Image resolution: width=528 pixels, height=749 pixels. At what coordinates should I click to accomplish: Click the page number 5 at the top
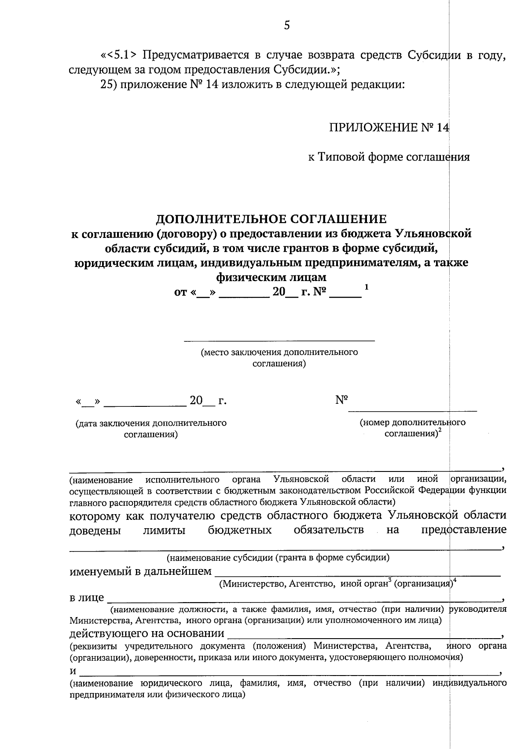(x=287, y=26)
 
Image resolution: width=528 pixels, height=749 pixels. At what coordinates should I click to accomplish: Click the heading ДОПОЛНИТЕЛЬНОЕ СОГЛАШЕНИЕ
(x=271, y=219)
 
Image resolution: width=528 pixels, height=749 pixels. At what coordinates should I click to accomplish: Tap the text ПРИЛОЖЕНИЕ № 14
(x=389, y=128)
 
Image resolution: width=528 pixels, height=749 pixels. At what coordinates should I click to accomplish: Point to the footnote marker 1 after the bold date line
(x=366, y=287)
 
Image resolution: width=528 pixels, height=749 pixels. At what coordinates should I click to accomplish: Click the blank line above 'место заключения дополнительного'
(x=279, y=340)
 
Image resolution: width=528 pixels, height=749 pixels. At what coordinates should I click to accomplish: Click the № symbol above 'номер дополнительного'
(x=341, y=400)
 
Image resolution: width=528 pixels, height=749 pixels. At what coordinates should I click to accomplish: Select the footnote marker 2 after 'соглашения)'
(x=440, y=431)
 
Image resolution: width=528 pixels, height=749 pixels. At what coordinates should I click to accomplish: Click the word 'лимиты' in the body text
(x=164, y=530)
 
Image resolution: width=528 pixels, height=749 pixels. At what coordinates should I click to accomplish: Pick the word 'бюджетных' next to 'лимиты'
(x=239, y=530)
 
